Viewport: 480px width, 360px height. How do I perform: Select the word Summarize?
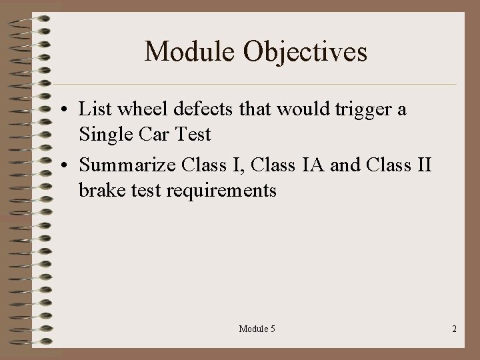pos(126,165)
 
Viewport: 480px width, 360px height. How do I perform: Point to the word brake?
pos(100,191)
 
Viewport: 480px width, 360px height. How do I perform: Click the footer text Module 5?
pos(257,329)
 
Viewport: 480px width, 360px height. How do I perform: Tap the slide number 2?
pos(454,329)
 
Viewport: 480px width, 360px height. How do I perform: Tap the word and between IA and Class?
pos(345,165)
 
